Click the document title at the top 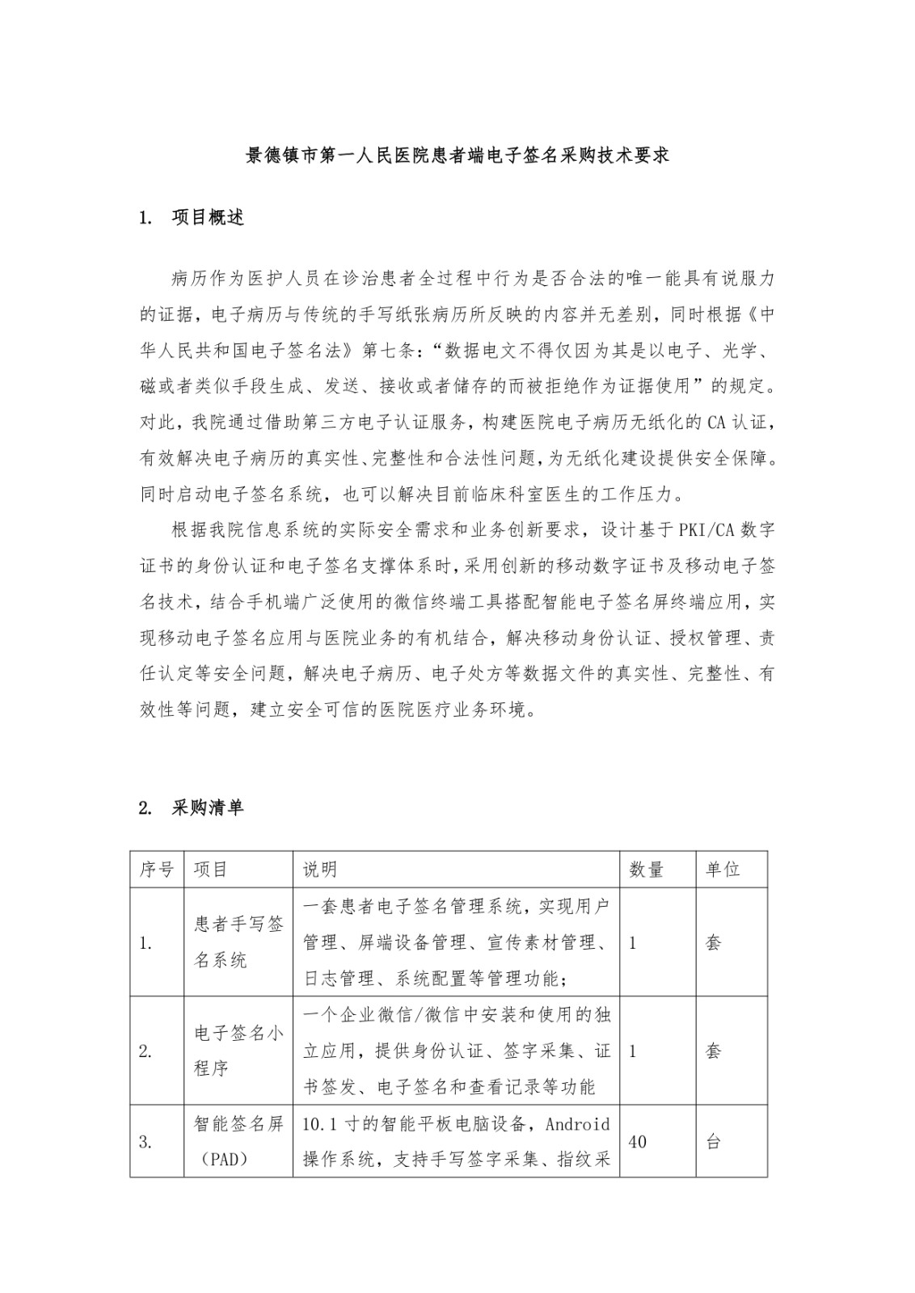coord(457,156)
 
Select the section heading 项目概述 coord(208,218)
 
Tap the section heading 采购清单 coord(208,807)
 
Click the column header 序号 coord(157,870)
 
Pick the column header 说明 coord(320,870)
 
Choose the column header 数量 coord(647,870)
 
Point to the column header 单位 coord(723,870)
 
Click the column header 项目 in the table coord(211,870)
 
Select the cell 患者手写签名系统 coord(238,942)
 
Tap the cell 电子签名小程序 coord(238,1051)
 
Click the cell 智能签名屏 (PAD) coord(238,1141)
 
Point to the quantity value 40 coord(637,1142)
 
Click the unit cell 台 coord(714,1142)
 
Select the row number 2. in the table coord(146,1051)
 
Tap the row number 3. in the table coord(146,1142)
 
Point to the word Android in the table coord(578,1124)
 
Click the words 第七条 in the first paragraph coord(390,350)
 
